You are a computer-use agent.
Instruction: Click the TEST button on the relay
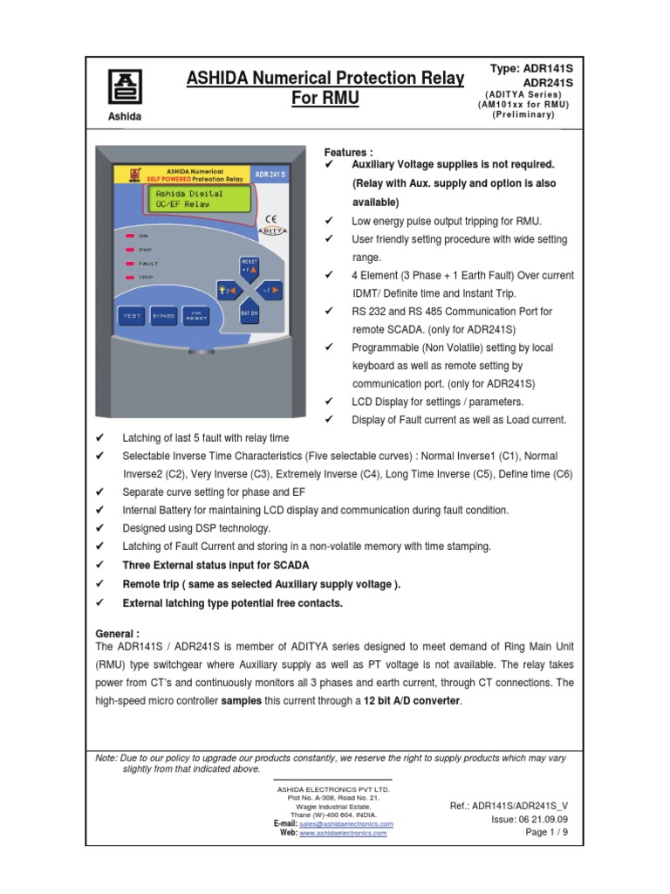pyautogui.click(x=132, y=315)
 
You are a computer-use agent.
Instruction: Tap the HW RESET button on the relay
pyautogui.click(x=196, y=315)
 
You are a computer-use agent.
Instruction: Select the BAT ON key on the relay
pyautogui.click(x=249, y=313)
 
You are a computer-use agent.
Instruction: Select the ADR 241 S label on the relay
pyautogui.click(x=270, y=175)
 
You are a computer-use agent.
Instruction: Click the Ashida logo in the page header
pyautogui.click(x=124, y=87)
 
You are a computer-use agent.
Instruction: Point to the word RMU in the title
pyautogui.click(x=325, y=99)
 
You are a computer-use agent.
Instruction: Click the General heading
pyautogui.click(x=117, y=633)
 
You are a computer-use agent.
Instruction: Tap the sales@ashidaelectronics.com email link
pyautogui.click(x=345, y=823)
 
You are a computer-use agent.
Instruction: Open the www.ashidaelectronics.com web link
pyautogui.click(x=343, y=833)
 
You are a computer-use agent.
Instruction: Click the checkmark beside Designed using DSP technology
pyautogui.click(x=99, y=528)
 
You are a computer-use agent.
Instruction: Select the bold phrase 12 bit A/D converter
pyautogui.click(x=414, y=701)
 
